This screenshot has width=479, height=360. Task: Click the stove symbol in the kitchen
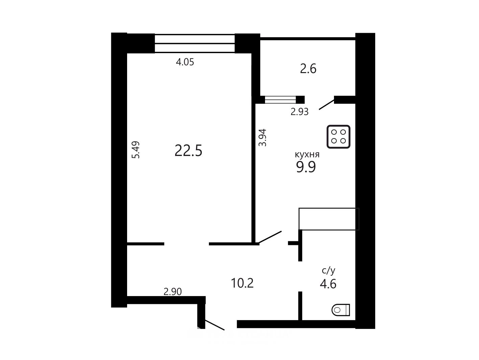coord(338,136)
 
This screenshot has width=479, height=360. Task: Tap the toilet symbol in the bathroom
coord(341,310)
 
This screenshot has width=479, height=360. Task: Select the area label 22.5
coord(188,151)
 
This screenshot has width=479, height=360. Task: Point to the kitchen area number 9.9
coord(306,167)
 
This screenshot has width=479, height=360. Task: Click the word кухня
coord(307,154)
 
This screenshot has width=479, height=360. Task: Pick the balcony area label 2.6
coord(308,69)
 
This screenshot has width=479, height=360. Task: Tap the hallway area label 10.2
coord(242,283)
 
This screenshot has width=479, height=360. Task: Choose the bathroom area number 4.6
coord(328,284)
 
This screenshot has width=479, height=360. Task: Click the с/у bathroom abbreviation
coord(329,271)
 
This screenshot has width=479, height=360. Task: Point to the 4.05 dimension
coord(185,62)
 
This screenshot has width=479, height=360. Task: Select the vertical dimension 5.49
coord(136,150)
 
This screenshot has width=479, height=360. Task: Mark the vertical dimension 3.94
coord(262,138)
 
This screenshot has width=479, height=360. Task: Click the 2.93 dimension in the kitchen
coord(300,112)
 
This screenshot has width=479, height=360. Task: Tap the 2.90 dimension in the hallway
coord(173,292)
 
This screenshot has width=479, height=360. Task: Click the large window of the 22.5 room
coord(195,43)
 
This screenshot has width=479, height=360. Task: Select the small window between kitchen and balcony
coord(281,99)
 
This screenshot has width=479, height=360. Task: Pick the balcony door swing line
coord(327,105)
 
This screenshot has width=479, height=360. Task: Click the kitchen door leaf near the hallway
coord(269,237)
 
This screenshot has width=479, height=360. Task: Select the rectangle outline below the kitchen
coord(329,219)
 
